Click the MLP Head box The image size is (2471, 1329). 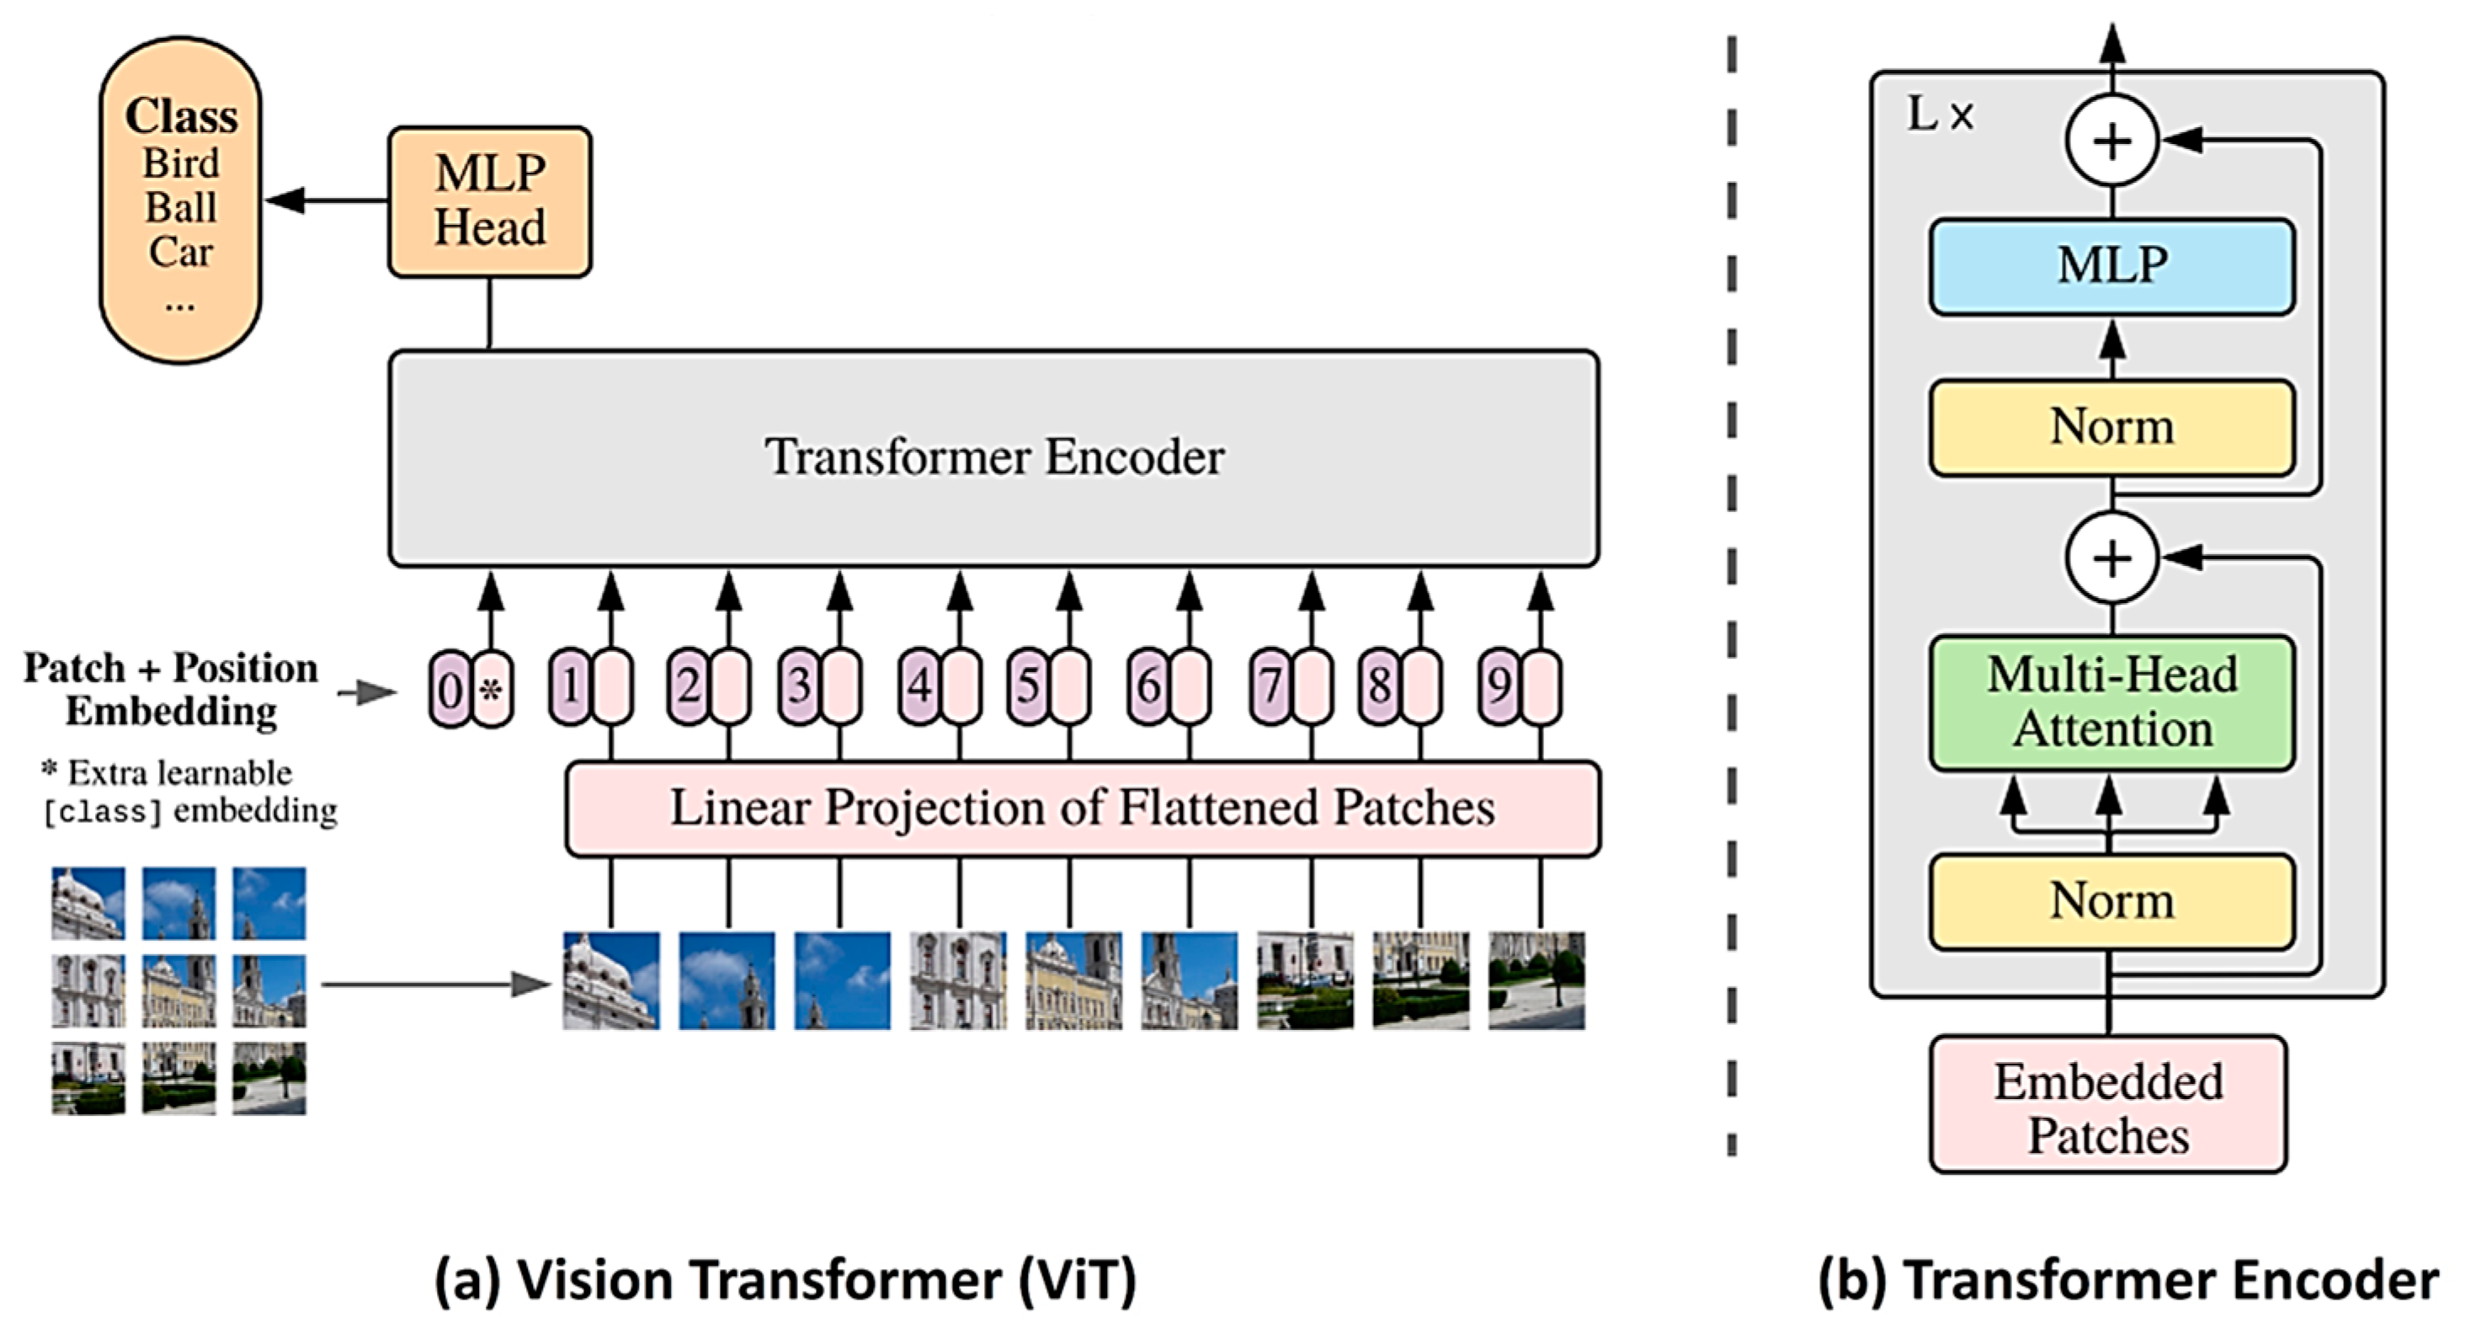click(x=489, y=202)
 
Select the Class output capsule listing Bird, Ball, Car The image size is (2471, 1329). click(x=180, y=201)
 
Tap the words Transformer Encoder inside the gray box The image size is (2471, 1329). click(x=993, y=456)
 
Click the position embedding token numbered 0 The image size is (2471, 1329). click(x=449, y=689)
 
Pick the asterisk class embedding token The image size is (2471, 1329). click(x=492, y=689)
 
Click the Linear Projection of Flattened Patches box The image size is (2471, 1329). click(x=1082, y=808)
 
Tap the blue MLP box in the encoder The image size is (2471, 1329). click(x=2112, y=266)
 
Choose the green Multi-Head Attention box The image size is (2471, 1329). click(x=2112, y=702)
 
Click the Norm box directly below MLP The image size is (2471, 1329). click(x=2112, y=427)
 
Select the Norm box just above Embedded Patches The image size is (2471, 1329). click(x=2112, y=901)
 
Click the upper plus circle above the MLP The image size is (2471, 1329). click(x=2112, y=141)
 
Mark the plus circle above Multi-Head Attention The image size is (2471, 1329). click(x=2112, y=558)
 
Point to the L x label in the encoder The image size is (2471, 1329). click(x=1939, y=116)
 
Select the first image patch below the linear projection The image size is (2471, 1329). click(x=611, y=980)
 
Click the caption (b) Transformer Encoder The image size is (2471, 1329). click(x=2128, y=1280)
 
